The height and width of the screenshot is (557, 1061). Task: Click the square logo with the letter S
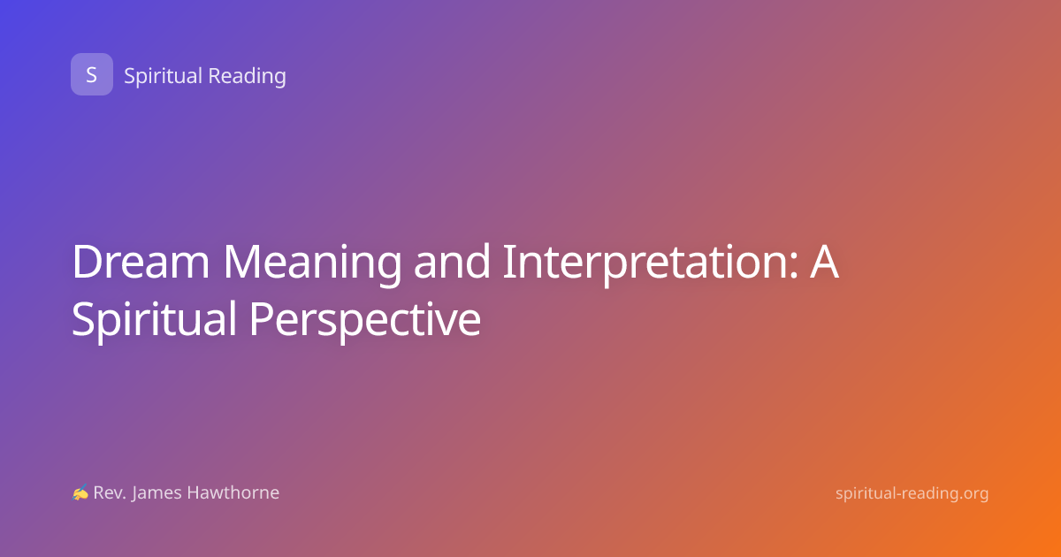92,74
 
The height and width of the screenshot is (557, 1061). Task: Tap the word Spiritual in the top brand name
163,76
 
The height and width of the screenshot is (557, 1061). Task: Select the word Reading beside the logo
247,76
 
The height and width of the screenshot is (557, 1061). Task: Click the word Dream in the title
141,262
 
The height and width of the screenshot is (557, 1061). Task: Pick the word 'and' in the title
452,261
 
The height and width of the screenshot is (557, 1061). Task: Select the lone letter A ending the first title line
824,262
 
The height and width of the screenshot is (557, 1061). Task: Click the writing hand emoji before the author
80,492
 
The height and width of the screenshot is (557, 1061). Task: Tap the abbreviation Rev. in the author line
110,492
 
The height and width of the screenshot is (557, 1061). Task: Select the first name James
156,493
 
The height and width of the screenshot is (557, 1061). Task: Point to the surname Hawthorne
233,492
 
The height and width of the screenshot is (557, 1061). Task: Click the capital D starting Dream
88,262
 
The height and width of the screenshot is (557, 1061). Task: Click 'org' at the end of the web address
976,494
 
